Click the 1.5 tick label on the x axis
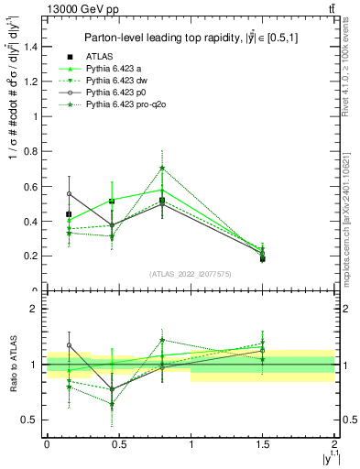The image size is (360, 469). (263, 442)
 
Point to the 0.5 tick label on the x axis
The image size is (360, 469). (118, 442)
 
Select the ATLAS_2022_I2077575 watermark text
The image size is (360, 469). (191, 273)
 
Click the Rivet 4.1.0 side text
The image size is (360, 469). (352, 73)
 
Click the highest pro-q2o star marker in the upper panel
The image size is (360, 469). (162, 168)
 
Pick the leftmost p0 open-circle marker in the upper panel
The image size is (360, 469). (69, 194)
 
